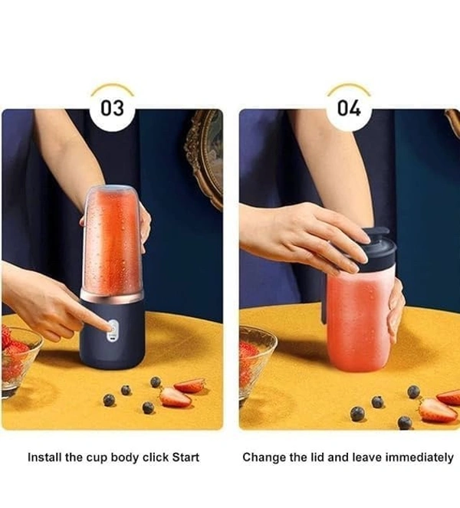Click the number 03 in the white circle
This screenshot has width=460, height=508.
pyautogui.click(x=112, y=108)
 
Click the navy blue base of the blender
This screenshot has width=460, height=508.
pyautogui.click(x=112, y=334)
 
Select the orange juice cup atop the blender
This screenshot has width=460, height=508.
pyautogui.click(x=112, y=241)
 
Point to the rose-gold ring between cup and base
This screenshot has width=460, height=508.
pyautogui.click(x=112, y=296)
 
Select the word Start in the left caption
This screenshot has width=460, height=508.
pyautogui.click(x=186, y=457)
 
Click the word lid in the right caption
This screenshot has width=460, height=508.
pyautogui.click(x=315, y=457)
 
